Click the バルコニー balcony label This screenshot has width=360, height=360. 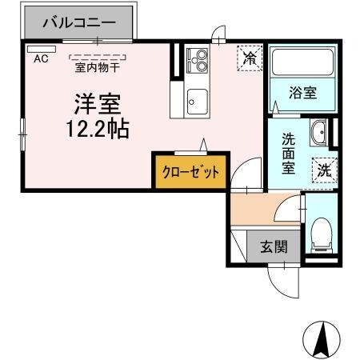click(79, 22)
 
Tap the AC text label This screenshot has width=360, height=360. click(40, 58)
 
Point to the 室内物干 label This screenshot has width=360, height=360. click(98, 67)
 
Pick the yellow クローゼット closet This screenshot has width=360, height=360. click(190, 171)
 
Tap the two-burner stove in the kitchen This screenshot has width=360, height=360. click(197, 59)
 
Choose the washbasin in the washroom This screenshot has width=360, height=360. click(318, 131)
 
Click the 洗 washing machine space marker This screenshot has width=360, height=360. click(324, 170)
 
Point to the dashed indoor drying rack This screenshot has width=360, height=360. click(98, 56)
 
